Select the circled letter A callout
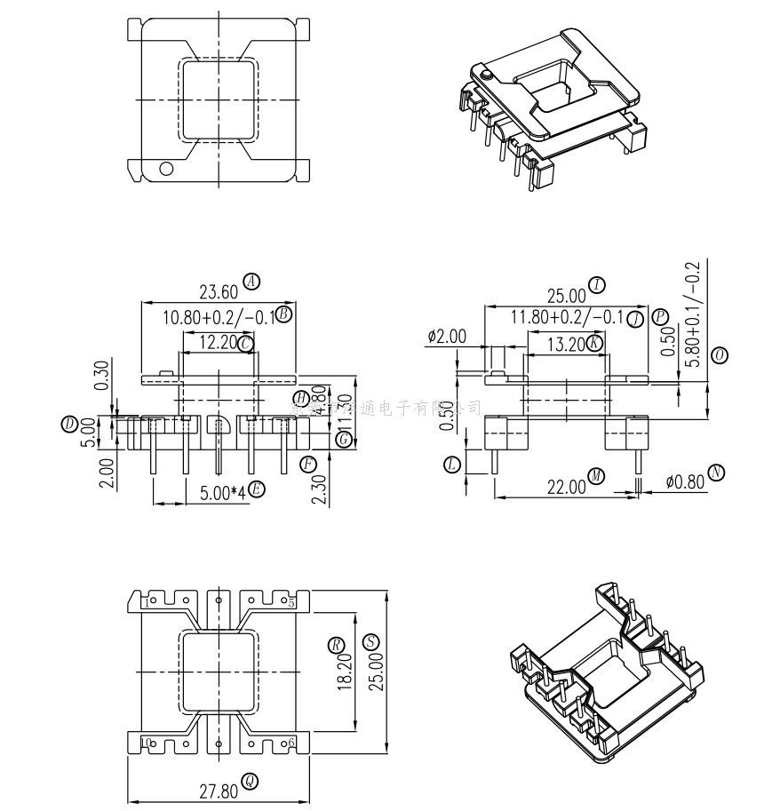(253, 282)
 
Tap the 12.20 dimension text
(218, 342)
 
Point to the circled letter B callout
(284, 314)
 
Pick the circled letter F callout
(307, 464)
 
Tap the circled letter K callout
(594, 343)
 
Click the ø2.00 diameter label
(446, 336)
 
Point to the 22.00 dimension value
(566, 486)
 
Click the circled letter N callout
(717, 472)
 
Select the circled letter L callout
(452, 464)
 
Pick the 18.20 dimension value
(344, 673)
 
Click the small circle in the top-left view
(165, 167)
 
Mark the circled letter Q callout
(251, 781)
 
